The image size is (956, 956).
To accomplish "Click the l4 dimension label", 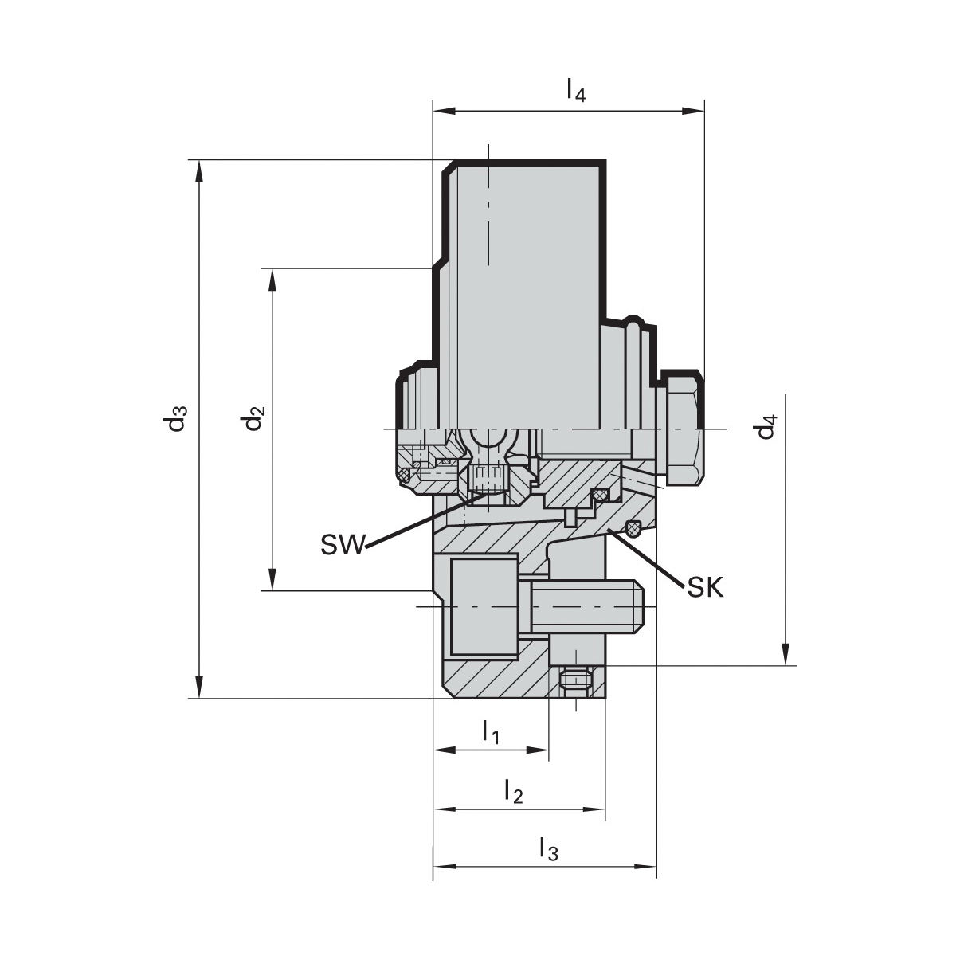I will coord(575,90).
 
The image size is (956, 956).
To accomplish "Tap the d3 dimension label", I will coord(177,419).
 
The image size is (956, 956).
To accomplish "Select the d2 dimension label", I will coord(254,418).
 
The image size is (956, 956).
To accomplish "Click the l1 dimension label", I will coord(490,731).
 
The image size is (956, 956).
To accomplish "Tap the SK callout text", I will coord(705,588).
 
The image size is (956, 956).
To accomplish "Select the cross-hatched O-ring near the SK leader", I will coord(635,527).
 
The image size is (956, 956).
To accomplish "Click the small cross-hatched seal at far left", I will coord(404,476).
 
